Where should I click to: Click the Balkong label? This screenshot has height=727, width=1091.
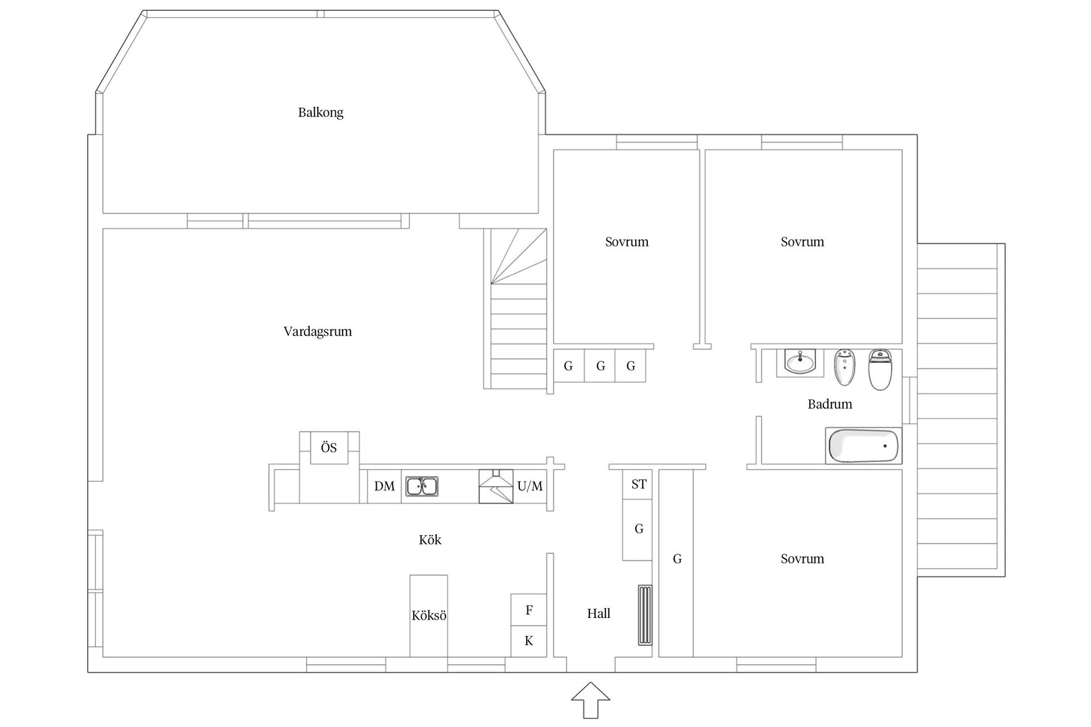320,112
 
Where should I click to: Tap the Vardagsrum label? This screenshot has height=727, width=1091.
318,331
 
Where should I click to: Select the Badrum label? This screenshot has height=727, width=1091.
830,404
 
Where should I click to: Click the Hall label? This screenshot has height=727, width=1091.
598,613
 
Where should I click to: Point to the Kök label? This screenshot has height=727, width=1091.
430,540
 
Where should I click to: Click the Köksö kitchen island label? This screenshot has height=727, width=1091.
429,616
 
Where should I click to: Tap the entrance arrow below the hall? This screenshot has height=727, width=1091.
591,700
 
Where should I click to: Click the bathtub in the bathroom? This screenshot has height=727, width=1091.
864,446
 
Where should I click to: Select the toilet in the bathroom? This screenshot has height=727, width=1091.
880,370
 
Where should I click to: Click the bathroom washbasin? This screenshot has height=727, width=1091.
800,362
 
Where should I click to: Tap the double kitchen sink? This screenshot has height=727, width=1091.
422,487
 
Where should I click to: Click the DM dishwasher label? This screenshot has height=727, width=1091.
384,486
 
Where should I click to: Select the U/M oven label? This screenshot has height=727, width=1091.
530,486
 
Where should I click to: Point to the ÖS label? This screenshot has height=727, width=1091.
329,448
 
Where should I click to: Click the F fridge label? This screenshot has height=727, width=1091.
529,610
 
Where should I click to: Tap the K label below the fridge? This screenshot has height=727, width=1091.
529,641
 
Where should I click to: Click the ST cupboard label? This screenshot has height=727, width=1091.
639,484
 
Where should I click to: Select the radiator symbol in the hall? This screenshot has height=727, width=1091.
645,615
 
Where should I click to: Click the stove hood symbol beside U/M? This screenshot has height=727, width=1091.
496,486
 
